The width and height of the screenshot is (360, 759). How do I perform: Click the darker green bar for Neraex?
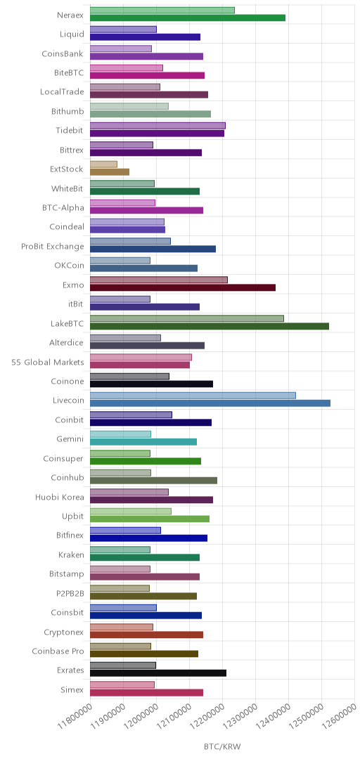point(188,18)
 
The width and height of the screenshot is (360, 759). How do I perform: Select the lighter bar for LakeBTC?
point(187,318)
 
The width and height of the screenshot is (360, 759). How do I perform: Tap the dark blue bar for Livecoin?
point(210,403)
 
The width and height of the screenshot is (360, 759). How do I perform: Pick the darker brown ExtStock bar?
point(110,172)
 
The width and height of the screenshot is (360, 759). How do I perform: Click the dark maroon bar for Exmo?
point(183,287)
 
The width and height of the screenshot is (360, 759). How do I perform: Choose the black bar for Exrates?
point(158,673)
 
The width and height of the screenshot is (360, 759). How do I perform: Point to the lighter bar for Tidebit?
point(157,125)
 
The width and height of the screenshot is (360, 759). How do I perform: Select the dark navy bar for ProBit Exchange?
point(153,249)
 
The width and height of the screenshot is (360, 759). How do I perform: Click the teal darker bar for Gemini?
point(143,441)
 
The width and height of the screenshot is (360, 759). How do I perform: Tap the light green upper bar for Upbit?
point(131,511)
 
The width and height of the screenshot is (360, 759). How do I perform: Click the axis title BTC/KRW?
point(222,746)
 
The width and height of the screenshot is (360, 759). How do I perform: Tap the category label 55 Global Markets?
point(48,362)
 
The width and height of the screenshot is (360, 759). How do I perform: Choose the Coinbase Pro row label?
point(58,651)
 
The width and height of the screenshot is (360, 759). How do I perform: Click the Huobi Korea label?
point(60,497)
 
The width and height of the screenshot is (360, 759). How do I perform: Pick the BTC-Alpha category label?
point(63,207)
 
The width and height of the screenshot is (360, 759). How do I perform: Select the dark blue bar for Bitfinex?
point(149,538)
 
